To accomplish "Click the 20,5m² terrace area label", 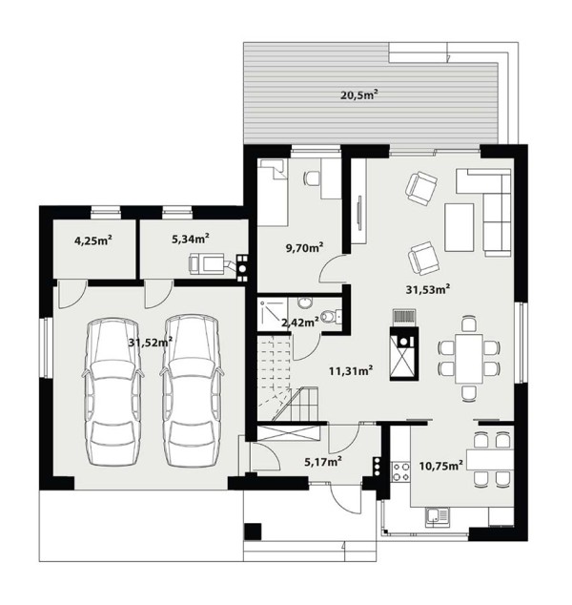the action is click(x=358, y=94).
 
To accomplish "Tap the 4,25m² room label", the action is click(x=92, y=240).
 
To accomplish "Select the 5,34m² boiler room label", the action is click(x=191, y=239).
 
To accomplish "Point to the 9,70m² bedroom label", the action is click(x=304, y=247).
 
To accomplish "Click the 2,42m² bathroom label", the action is click(x=300, y=322).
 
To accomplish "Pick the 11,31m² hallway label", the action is click(x=351, y=371).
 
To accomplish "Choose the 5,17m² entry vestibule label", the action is click(x=323, y=461).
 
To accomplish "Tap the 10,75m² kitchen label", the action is click(x=441, y=466).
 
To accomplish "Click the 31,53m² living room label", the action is click(x=428, y=289).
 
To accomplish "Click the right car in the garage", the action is click(x=192, y=390).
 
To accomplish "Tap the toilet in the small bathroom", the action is click(x=331, y=317).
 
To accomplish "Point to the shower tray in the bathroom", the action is click(x=273, y=314).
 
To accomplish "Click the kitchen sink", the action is click(x=438, y=517).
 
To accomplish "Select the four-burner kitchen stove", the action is click(x=400, y=471).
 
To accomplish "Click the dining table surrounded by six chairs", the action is click(x=469, y=359).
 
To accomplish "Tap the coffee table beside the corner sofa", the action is click(x=460, y=227).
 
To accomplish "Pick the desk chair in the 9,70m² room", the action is click(x=312, y=178).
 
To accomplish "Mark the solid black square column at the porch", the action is click(x=253, y=532).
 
